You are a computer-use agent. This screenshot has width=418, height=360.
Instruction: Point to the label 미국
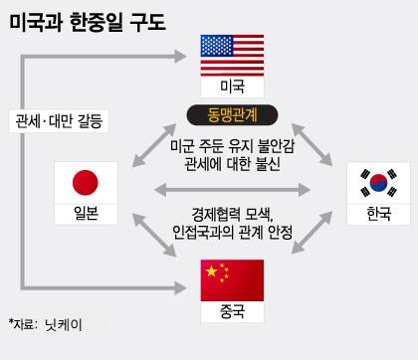point(232,87)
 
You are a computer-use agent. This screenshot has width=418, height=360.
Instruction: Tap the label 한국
point(378,214)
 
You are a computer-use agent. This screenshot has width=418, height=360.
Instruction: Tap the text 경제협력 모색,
point(230,214)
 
